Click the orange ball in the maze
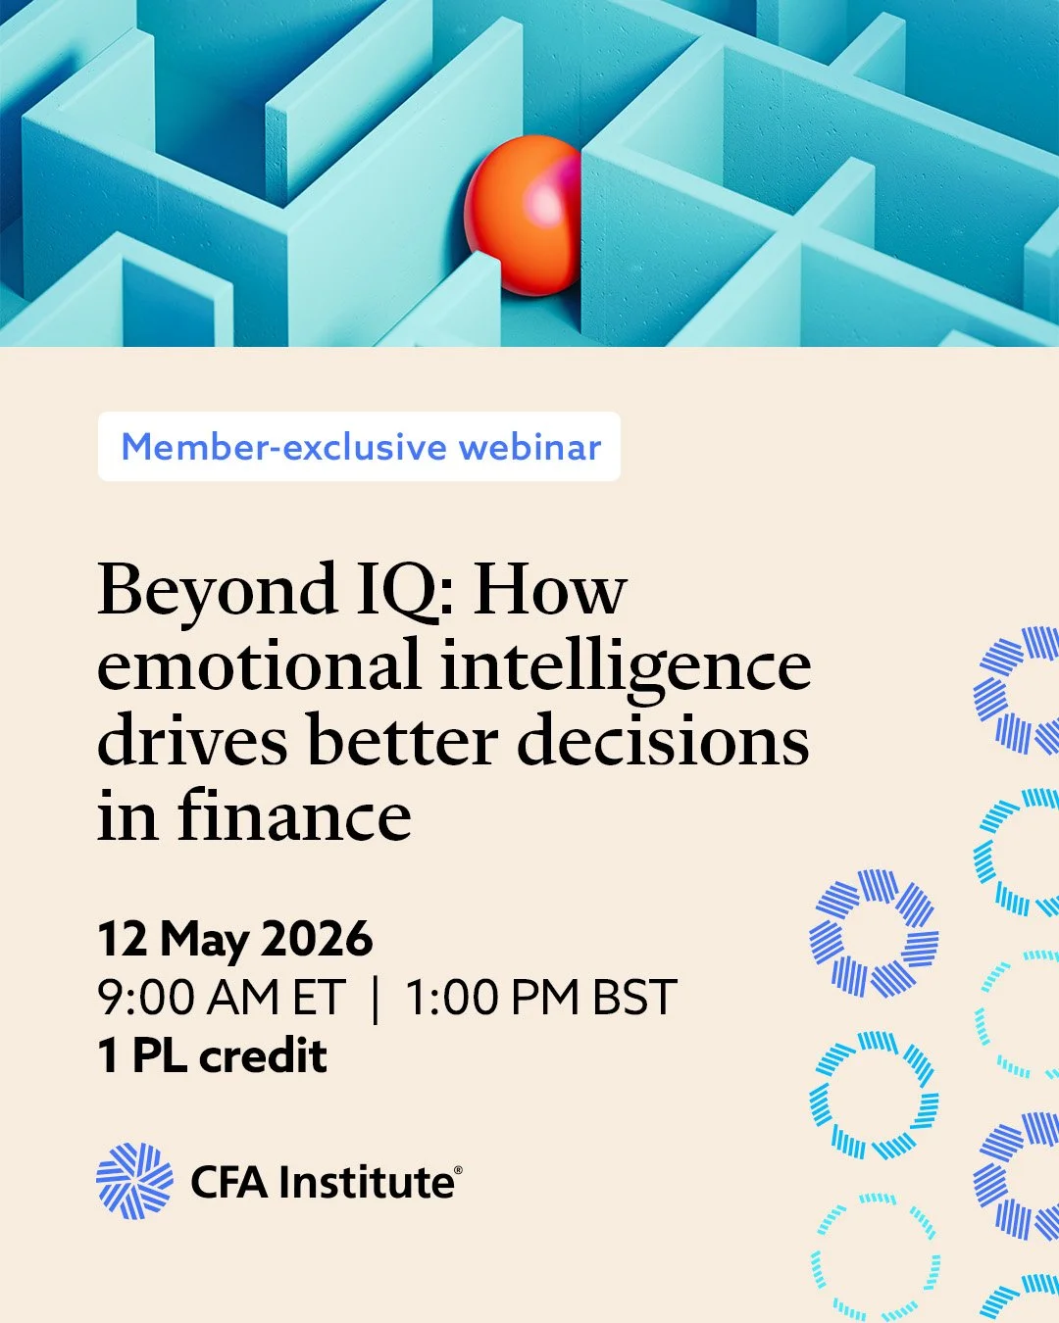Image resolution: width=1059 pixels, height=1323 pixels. (523, 216)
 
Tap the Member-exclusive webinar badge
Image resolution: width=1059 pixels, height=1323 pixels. (359, 447)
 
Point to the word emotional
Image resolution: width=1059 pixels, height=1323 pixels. (259, 666)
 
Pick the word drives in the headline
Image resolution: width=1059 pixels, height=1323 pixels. (193, 741)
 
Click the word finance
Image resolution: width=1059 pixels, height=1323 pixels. (294, 815)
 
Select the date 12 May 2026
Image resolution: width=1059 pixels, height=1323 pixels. (235, 939)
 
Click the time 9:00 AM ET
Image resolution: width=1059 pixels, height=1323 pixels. (222, 998)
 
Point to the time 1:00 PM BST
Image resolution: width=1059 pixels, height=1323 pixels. (540, 998)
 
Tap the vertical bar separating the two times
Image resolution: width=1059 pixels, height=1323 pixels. (376, 999)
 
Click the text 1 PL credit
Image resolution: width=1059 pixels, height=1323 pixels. (213, 1056)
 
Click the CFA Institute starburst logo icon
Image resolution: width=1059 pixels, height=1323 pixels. (134, 1181)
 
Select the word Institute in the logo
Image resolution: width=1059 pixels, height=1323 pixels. (366, 1182)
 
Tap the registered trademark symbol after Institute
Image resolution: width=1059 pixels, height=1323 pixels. (458, 1170)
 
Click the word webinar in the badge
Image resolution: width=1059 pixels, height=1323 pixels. (529, 447)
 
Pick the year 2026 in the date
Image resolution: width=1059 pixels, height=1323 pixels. (318, 939)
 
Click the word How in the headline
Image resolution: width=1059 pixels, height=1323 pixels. (550, 592)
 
